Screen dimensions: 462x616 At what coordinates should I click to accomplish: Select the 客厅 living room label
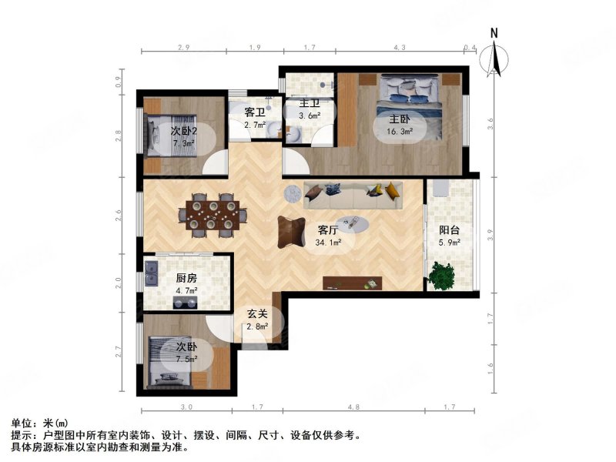tap(329, 229)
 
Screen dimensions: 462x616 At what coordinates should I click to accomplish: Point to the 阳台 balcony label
tap(450, 229)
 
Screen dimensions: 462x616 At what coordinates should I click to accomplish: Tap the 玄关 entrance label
tap(257, 313)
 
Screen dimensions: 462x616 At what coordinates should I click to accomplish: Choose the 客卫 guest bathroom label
tap(255, 112)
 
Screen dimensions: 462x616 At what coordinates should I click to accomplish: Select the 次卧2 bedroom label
tap(184, 131)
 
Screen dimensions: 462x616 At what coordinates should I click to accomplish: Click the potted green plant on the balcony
tap(442, 275)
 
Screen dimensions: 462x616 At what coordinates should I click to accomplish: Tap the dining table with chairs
tap(211, 214)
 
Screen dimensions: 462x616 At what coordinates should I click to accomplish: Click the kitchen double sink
tap(152, 274)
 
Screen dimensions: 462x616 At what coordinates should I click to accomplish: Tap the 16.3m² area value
tap(399, 131)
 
